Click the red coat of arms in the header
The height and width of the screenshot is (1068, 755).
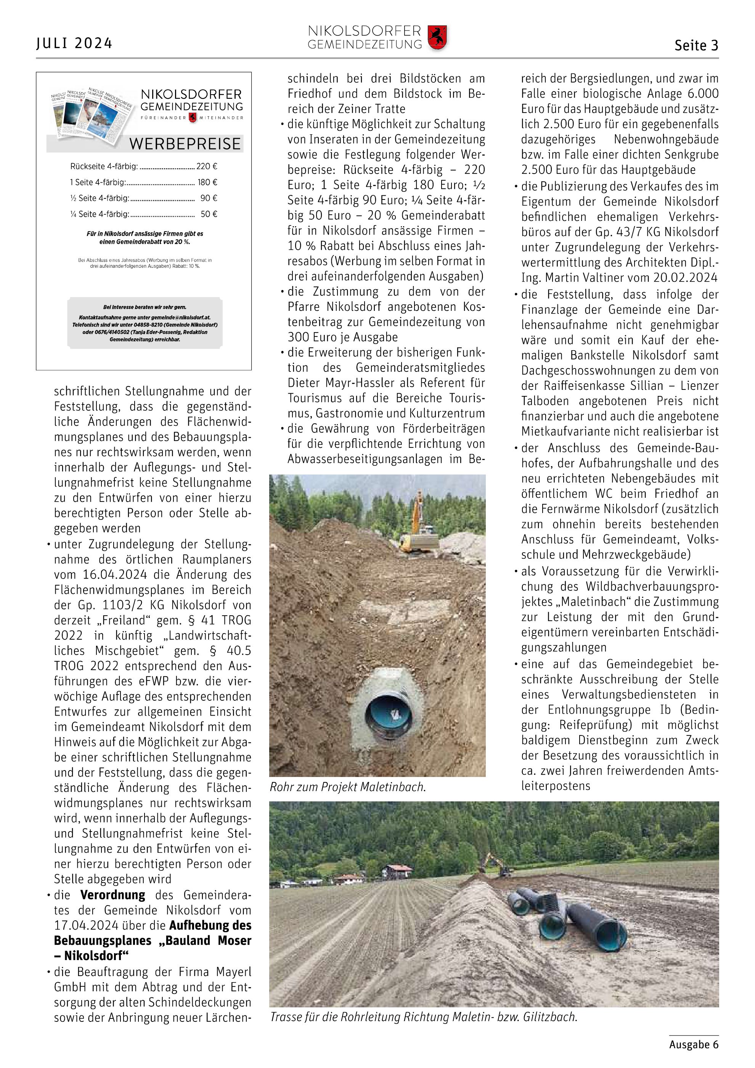437,38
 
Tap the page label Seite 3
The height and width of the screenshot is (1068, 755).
696,46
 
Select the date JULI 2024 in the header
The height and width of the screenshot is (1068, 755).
74,43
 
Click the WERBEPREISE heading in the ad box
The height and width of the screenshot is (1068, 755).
185,144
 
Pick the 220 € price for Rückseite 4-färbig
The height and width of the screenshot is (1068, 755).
206,166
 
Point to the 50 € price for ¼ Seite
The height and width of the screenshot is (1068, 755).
209,214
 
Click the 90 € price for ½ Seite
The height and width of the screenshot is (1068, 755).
209,198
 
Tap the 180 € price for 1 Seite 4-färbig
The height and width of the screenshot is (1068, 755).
207,182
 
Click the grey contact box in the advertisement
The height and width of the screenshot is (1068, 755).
145,323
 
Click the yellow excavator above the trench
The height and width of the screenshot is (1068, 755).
418,526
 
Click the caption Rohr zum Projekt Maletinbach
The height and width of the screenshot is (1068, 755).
347,787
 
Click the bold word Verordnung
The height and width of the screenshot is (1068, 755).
112,895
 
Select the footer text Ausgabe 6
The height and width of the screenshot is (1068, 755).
694,1044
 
